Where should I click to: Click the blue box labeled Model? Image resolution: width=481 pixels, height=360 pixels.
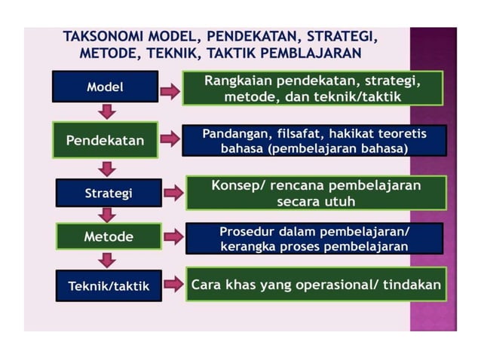[105, 87]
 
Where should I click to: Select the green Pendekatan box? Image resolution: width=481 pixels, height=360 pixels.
[105, 140]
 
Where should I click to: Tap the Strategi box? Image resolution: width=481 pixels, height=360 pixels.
[108, 193]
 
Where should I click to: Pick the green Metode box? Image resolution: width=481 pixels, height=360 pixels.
[108, 236]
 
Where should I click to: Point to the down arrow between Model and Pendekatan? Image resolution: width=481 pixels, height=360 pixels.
[108, 112]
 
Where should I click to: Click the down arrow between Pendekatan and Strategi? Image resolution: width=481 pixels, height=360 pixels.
[108, 168]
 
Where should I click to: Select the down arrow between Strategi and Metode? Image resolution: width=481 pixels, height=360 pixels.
[108, 215]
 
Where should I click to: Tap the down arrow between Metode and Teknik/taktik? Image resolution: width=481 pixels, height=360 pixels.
[108, 260]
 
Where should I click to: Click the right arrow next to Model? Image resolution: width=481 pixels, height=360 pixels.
[170, 91]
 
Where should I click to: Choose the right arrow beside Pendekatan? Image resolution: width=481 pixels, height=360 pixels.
[170, 139]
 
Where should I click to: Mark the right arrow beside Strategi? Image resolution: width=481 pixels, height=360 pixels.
[173, 193]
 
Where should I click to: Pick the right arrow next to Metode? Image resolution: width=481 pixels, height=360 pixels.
[173, 237]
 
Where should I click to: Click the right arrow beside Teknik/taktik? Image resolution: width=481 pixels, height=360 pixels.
[173, 284]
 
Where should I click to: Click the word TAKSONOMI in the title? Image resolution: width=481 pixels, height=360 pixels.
[105, 37]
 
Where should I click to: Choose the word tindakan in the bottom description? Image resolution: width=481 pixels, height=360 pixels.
[412, 285]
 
